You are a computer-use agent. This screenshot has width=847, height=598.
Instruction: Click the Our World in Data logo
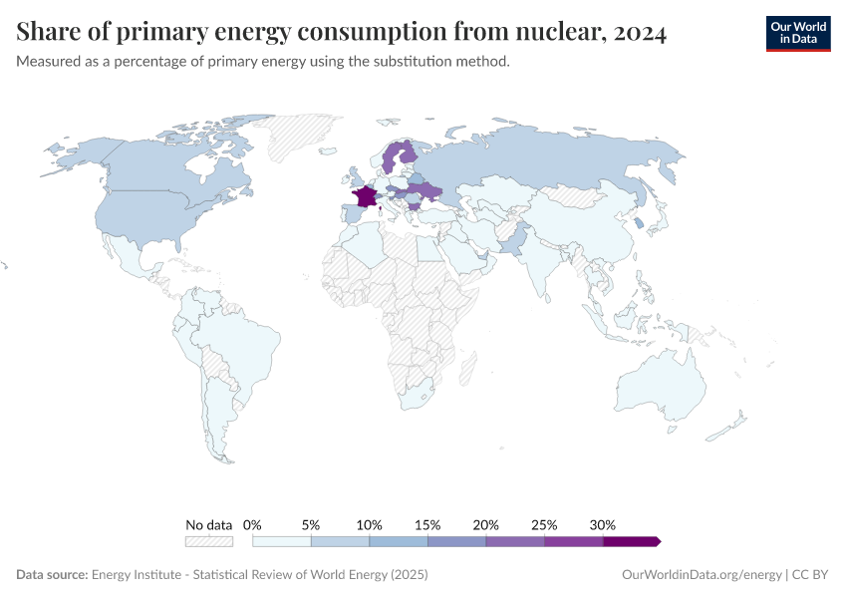click(797, 33)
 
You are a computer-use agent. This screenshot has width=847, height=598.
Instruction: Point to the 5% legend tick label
click(311, 524)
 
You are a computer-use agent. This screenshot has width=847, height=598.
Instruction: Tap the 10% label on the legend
click(369, 524)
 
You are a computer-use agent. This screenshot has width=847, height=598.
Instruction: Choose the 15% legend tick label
click(427, 524)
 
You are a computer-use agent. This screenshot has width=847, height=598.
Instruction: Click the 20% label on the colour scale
click(486, 524)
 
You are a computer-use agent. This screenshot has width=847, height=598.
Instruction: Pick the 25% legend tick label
click(544, 524)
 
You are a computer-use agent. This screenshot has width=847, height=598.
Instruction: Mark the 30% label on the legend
click(603, 524)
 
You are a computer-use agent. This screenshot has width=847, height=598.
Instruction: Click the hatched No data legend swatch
click(208, 541)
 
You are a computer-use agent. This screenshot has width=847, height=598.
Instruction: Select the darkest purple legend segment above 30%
click(631, 541)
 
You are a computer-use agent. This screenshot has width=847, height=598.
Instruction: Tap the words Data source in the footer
click(52, 575)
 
